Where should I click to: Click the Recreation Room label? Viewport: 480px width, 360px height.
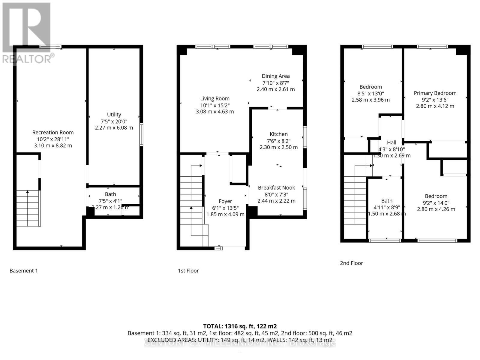pyautogui.click(x=53, y=132)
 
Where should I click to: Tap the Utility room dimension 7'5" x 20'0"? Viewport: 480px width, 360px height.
pyautogui.click(x=114, y=121)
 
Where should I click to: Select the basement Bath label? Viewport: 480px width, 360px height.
pyautogui.click(x=110, y=194)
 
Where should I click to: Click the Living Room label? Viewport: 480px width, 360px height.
pyautogui.click(x=215, y=98)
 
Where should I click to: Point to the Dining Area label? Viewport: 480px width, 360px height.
pyautogui.click(x=275, y=76)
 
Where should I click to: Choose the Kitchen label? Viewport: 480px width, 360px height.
pyautogui.click(x=278, y=134)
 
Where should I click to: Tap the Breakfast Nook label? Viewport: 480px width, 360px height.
pyautogui.click(x=276, y=187)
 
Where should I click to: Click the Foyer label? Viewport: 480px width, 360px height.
pyautogui.click(x=225, y=201)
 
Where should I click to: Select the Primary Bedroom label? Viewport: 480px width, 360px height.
pyautogui.click(x=435, y=93)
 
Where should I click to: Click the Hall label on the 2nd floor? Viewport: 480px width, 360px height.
pyautogui.click(x=391, y=142)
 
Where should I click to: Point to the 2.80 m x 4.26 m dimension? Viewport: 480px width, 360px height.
pyautogui.click(x=436, y=209)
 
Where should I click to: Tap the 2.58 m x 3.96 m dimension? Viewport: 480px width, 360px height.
pyautogui.click(x=370, y=100)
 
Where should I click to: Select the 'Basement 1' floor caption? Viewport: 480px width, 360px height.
pyautogui.click(x=24, y=271)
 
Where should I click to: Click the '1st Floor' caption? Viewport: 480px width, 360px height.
pyautogui.click(x=188, y=271)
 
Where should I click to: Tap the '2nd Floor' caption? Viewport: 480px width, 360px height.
pyautogui.click(x=351, y=263)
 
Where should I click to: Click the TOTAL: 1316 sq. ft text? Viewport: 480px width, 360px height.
pyautogui.click(x=240, y=326)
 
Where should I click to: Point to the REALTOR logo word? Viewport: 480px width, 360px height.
pyautogui.click(x=27, y=59)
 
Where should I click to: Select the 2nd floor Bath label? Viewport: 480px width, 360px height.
pyautogui.click(x=387, y=201)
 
